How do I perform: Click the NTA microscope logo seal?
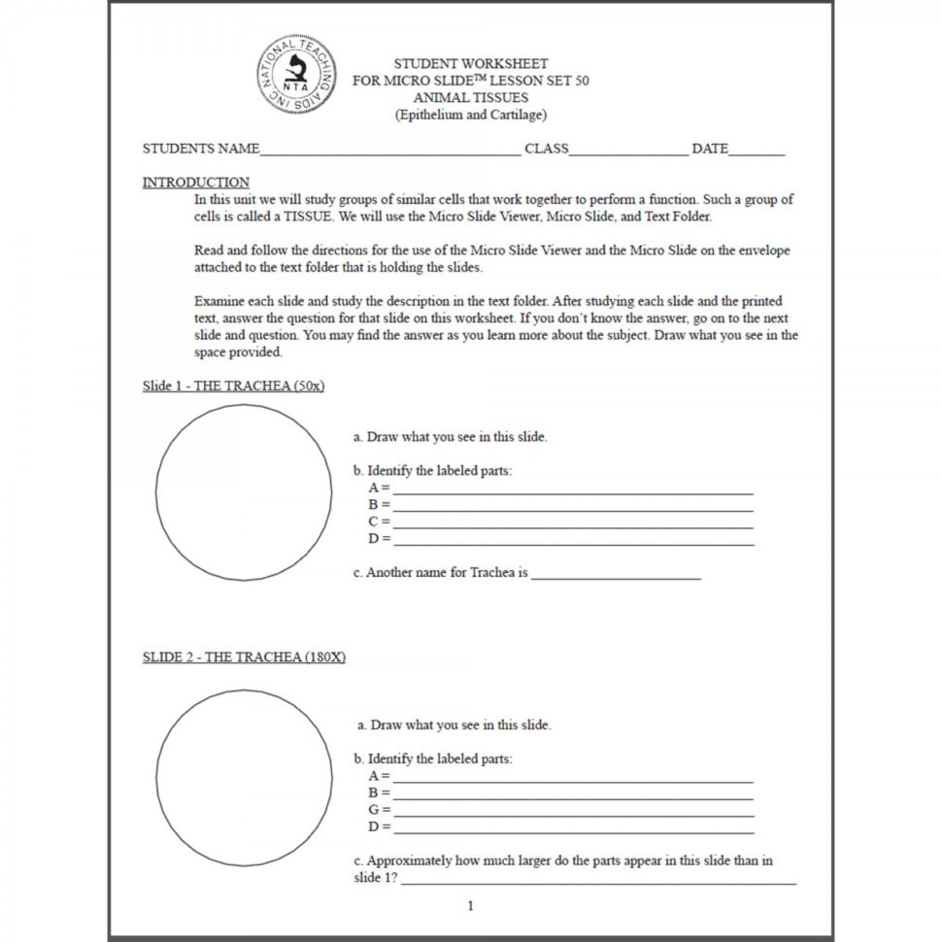(x=298, y=76)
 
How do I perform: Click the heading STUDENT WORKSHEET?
(x=470, y=64)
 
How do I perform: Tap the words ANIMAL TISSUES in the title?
(x=470, y=98)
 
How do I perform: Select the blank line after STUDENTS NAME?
(x=389, y=152)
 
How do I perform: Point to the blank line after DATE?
(x=756, y=152)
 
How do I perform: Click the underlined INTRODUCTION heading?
(x=195, y=183)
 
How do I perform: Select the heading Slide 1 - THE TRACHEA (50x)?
(x=233, y=386)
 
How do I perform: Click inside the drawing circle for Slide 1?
(x=244, y=492)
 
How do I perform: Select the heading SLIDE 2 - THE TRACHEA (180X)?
(x=244, y=657)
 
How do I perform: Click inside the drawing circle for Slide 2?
(x=244, y=778)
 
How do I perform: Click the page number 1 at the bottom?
(x=471, y=907)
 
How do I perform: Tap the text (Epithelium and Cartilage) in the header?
(x=470, y=115)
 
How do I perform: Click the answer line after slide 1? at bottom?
(x=598, y=881)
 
